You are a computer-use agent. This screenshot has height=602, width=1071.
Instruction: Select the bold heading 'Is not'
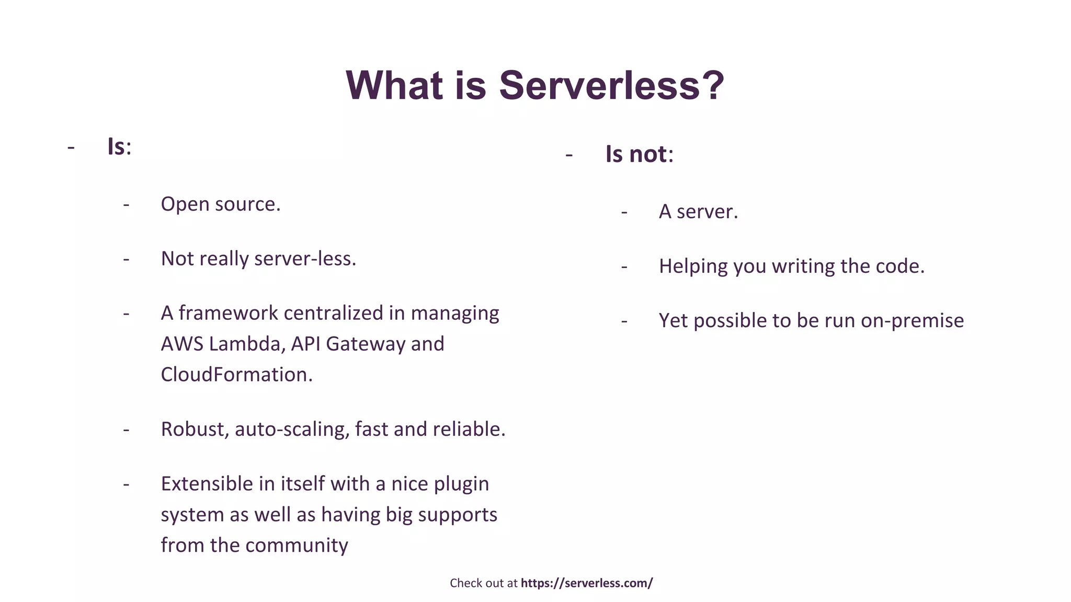tap(636, 154)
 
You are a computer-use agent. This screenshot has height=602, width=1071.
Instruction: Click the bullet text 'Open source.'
tap(221, 204)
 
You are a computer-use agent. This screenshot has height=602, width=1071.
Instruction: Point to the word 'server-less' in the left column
tap(305, 259)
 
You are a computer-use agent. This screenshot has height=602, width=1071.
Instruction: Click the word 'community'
tap(297, 546)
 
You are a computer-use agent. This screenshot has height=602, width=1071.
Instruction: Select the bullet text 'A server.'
tap(698, 212)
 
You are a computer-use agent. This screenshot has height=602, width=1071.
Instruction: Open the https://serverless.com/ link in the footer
tap(587, 583)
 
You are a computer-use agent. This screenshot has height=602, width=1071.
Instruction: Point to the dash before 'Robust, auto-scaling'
tap(126, 430)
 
